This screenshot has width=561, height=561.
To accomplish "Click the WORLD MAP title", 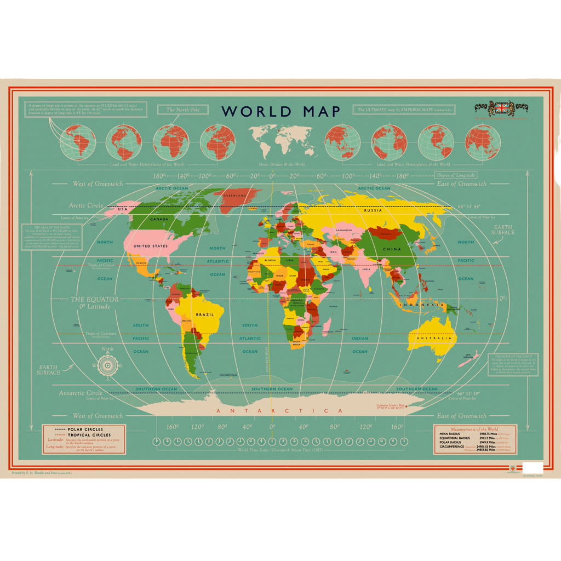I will pos(280,111).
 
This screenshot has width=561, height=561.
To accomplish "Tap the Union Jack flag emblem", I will pos(501,108).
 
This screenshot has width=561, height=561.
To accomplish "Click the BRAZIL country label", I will pos(205,315).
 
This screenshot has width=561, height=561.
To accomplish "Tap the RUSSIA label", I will pos(373,210).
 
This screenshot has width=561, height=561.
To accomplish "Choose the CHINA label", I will pos(392,249).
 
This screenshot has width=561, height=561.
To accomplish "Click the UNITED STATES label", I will pos(150,246).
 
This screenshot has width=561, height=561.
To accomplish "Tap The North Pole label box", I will pos(183,110).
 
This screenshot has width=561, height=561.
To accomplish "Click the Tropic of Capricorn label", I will pos(101,334).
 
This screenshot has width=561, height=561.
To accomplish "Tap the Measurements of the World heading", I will pos(474,430).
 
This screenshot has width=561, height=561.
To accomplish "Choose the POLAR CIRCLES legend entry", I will pos(85,430).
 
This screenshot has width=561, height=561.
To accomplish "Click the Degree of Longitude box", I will pos(456,175).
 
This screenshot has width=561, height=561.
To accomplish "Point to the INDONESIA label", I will pos(421,305).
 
